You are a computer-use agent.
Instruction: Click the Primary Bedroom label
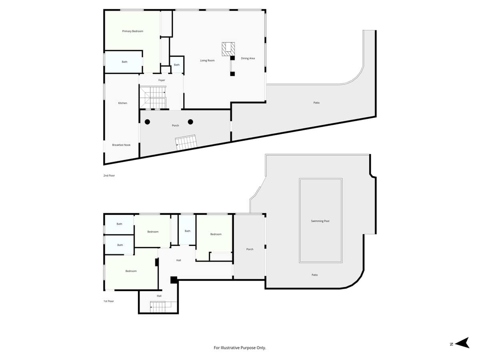point(132,31)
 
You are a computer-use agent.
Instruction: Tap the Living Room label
point(207,60)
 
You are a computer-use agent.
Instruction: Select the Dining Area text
point(248,58)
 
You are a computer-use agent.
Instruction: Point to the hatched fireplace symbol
point(228,49)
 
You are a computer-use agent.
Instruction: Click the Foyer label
point(162,80)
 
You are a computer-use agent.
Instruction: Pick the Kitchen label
point(122,103)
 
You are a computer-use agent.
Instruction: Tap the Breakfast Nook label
point(121,145)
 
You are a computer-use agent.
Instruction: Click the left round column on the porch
point(147,122)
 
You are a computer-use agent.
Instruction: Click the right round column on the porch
point(190,122)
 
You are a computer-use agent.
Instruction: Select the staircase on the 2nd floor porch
point(186,142)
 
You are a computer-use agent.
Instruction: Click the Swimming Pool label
point(320,221)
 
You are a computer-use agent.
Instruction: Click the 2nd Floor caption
point(109,176)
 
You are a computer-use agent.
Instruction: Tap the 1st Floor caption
point(109,301)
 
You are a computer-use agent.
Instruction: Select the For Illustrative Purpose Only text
point(240,348)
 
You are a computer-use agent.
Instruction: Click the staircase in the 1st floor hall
point(163,307)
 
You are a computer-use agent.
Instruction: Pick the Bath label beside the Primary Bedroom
point(124,62)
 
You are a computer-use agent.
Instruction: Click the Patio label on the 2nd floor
point(316,103)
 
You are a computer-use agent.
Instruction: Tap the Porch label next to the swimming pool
point(250,249)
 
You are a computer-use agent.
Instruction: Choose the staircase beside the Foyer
point(153,98)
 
